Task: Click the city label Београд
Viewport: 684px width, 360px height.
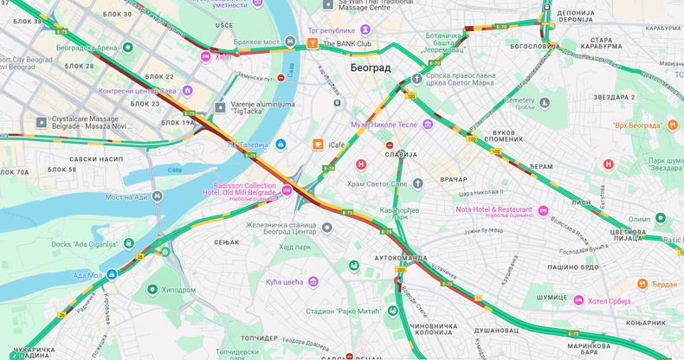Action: [370, 67]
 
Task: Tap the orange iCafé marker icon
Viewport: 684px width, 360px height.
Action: [318, 145]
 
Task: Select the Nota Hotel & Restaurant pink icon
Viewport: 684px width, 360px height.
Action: [543, 209]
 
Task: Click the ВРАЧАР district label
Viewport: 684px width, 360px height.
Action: [453, 179]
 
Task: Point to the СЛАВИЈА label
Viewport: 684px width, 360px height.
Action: [400, 154]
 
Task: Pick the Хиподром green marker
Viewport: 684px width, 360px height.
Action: [152, 290]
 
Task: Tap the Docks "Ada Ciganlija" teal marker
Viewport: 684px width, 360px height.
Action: [129, 244]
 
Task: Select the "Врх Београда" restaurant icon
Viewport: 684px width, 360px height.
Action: [673, 125]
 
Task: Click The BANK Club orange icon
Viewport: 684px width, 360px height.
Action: [313, 43]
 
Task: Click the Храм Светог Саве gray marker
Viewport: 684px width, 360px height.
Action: [417, 183]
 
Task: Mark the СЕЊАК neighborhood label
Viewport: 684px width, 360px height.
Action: [226, 241]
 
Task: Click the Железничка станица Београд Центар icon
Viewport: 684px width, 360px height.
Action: [327, 227]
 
